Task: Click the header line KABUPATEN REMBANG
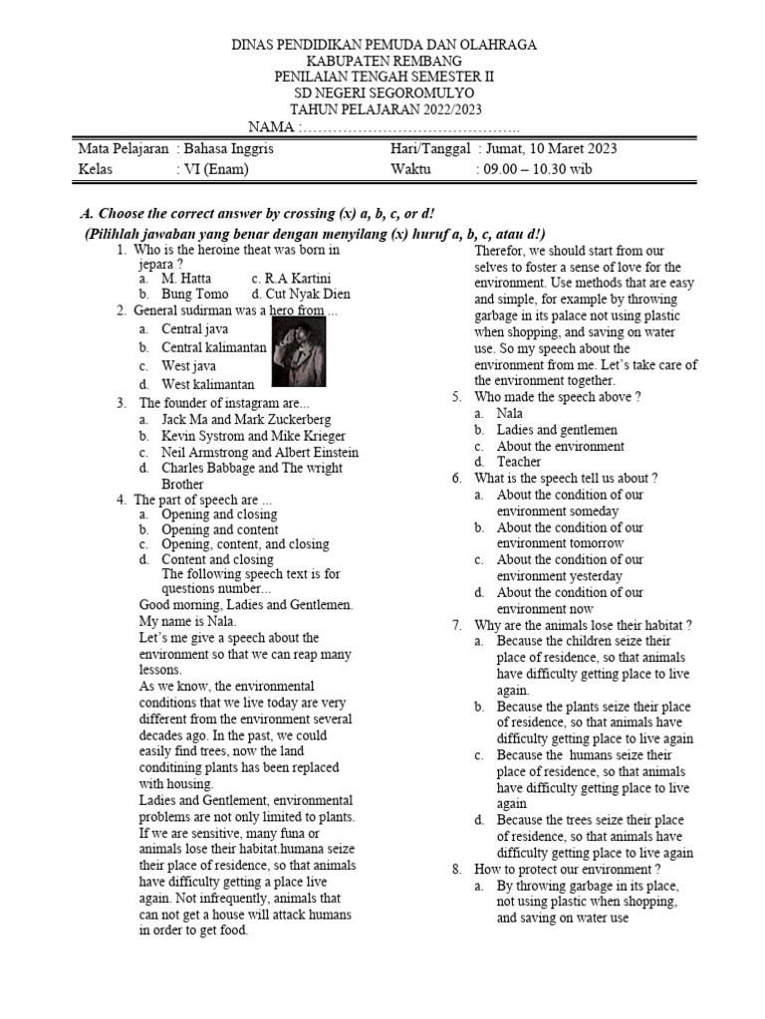tap(383, 61)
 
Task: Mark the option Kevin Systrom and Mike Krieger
tap(253, 436)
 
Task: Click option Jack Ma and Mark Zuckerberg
tap(246, 420)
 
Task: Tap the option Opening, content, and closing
tap(245, 544)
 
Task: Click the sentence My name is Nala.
tap(187, 621)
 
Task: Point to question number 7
tap(457, 625)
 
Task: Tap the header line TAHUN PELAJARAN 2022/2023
tap(383, 109)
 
